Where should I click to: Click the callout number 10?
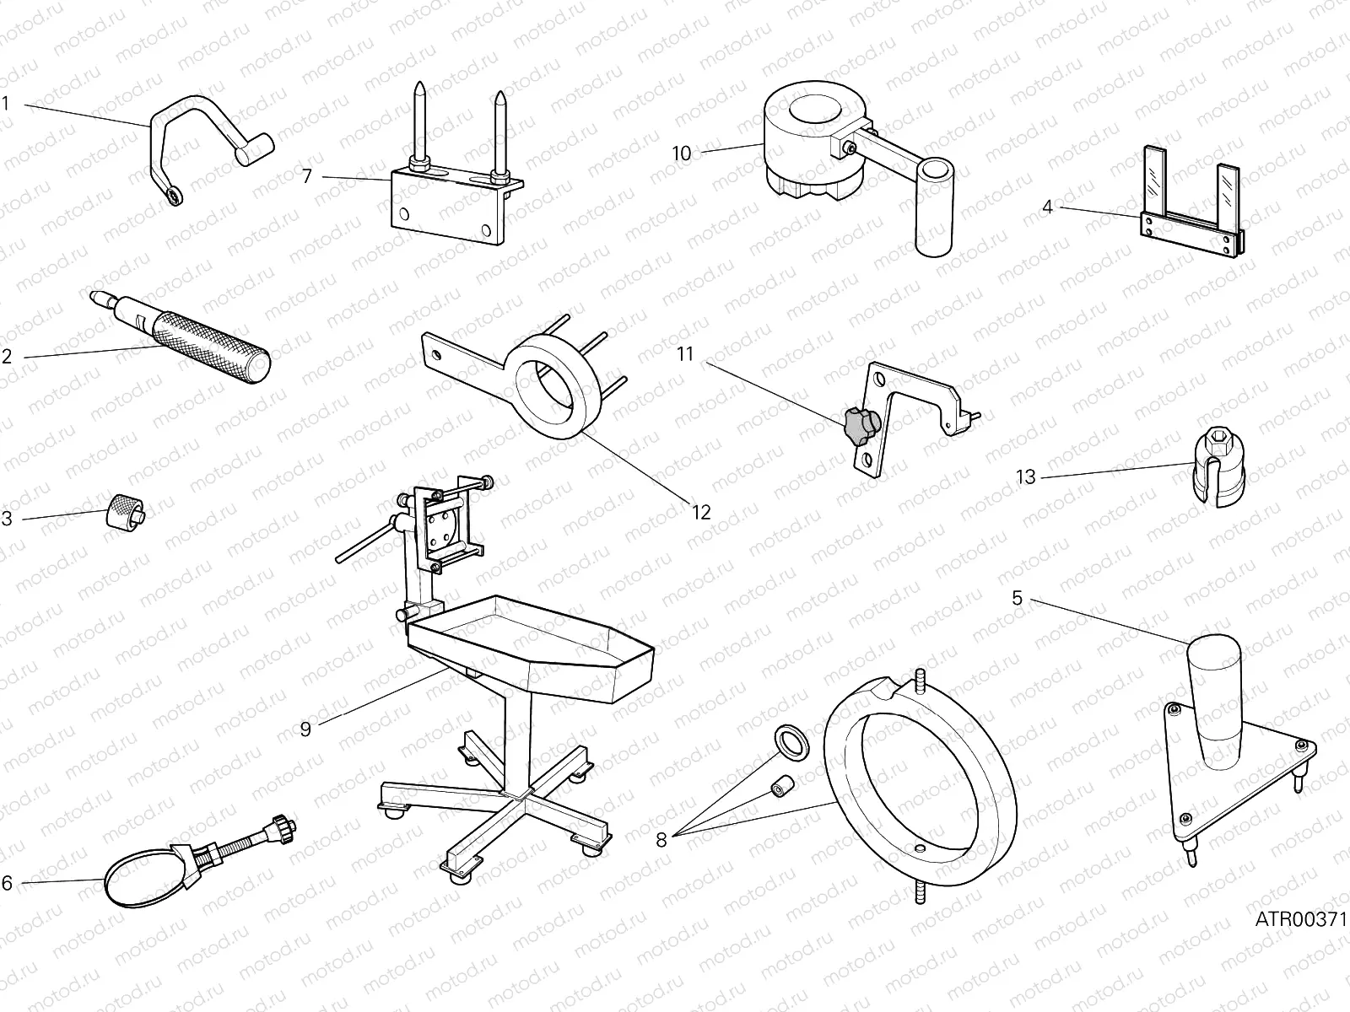(x=681, y=153)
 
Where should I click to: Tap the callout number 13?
(x=1025, y=478)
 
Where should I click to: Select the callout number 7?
(x=306, y=176)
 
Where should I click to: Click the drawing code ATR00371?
(x=1300, y=919)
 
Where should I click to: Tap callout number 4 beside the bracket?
(x=1047, y=206)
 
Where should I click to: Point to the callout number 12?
(x=701, y=512)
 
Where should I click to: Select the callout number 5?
(x=1017, y=599)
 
